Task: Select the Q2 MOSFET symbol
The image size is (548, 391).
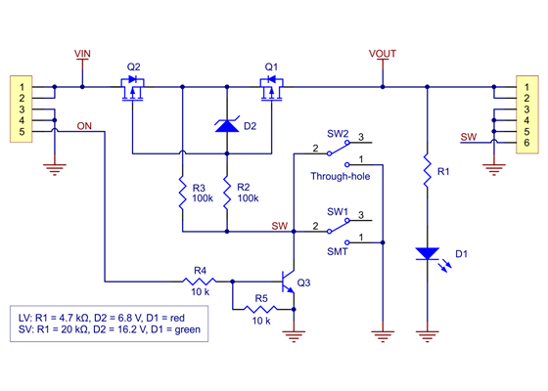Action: (x=134, y=92)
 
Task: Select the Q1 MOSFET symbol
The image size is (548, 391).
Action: (x=271, y=92)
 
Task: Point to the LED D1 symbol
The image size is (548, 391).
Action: (x=428, y=253)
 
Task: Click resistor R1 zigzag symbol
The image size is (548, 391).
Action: (x=428, y=172)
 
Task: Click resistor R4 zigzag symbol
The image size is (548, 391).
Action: (x=200, y=281)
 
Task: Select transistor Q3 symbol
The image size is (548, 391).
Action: (x=290, y=282)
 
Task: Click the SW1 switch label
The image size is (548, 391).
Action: (x=337, y=211)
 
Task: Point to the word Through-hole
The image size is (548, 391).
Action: (x=342, y=176)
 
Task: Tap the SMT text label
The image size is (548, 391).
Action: (x=337, y=252)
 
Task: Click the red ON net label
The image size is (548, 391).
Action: (x=85, y=125)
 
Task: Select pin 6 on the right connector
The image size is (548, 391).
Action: (x=526, y=144)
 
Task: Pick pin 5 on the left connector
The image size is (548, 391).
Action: (x=21, y=131)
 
